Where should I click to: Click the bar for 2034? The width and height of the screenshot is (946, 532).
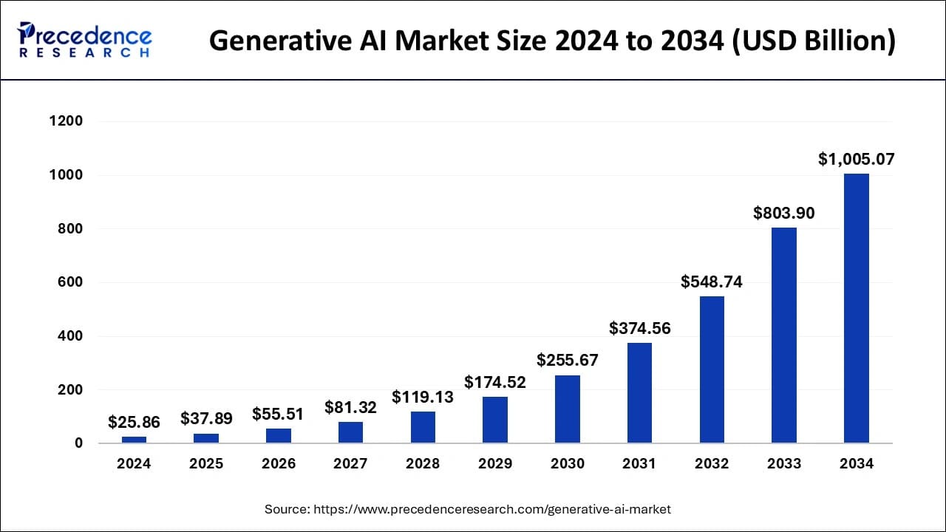856,308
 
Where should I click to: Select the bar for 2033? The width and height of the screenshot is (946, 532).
783,335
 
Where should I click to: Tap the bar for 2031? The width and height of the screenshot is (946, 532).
639,393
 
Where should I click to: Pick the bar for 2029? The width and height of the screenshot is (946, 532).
495,420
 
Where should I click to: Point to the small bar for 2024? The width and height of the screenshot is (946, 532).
134,440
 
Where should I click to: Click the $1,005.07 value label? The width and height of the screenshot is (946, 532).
856,159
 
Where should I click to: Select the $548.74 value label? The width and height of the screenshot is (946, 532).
712,282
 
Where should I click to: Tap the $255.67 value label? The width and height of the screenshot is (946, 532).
568,360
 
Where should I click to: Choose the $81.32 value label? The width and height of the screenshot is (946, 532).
350,407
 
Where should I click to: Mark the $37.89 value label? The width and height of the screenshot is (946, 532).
206,419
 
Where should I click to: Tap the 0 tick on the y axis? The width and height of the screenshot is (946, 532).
78,443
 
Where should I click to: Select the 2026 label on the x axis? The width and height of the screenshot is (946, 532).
279,464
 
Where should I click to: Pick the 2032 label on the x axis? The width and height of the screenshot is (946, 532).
712,464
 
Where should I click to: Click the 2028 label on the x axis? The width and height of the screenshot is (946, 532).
423,464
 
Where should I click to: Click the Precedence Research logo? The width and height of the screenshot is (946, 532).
85,40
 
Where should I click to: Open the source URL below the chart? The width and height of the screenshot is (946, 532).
468,509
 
